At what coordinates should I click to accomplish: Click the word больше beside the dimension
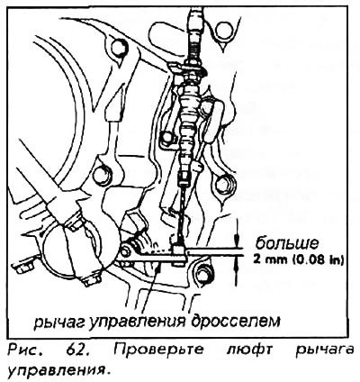(x=286, y=243)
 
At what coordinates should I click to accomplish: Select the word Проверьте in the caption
(x=158, y=350)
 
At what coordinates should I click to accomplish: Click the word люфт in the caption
(x=249, y=350)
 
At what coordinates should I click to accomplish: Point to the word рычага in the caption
(x=324, y=350)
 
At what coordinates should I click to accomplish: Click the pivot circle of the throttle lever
(x=124, y=249)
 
